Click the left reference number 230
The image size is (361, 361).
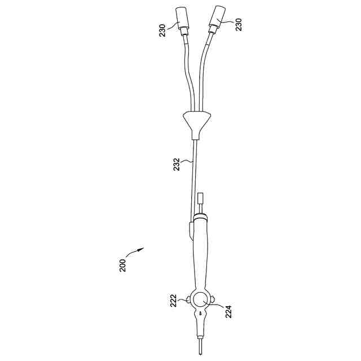point(162,30)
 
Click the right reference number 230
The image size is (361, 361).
point(238,25)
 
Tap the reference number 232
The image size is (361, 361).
point(177,164)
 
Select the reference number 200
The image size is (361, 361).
point(123,266)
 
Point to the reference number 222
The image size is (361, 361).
point(173,301)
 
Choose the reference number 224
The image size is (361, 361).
point(228,311)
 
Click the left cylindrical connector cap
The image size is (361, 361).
point(182,18)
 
